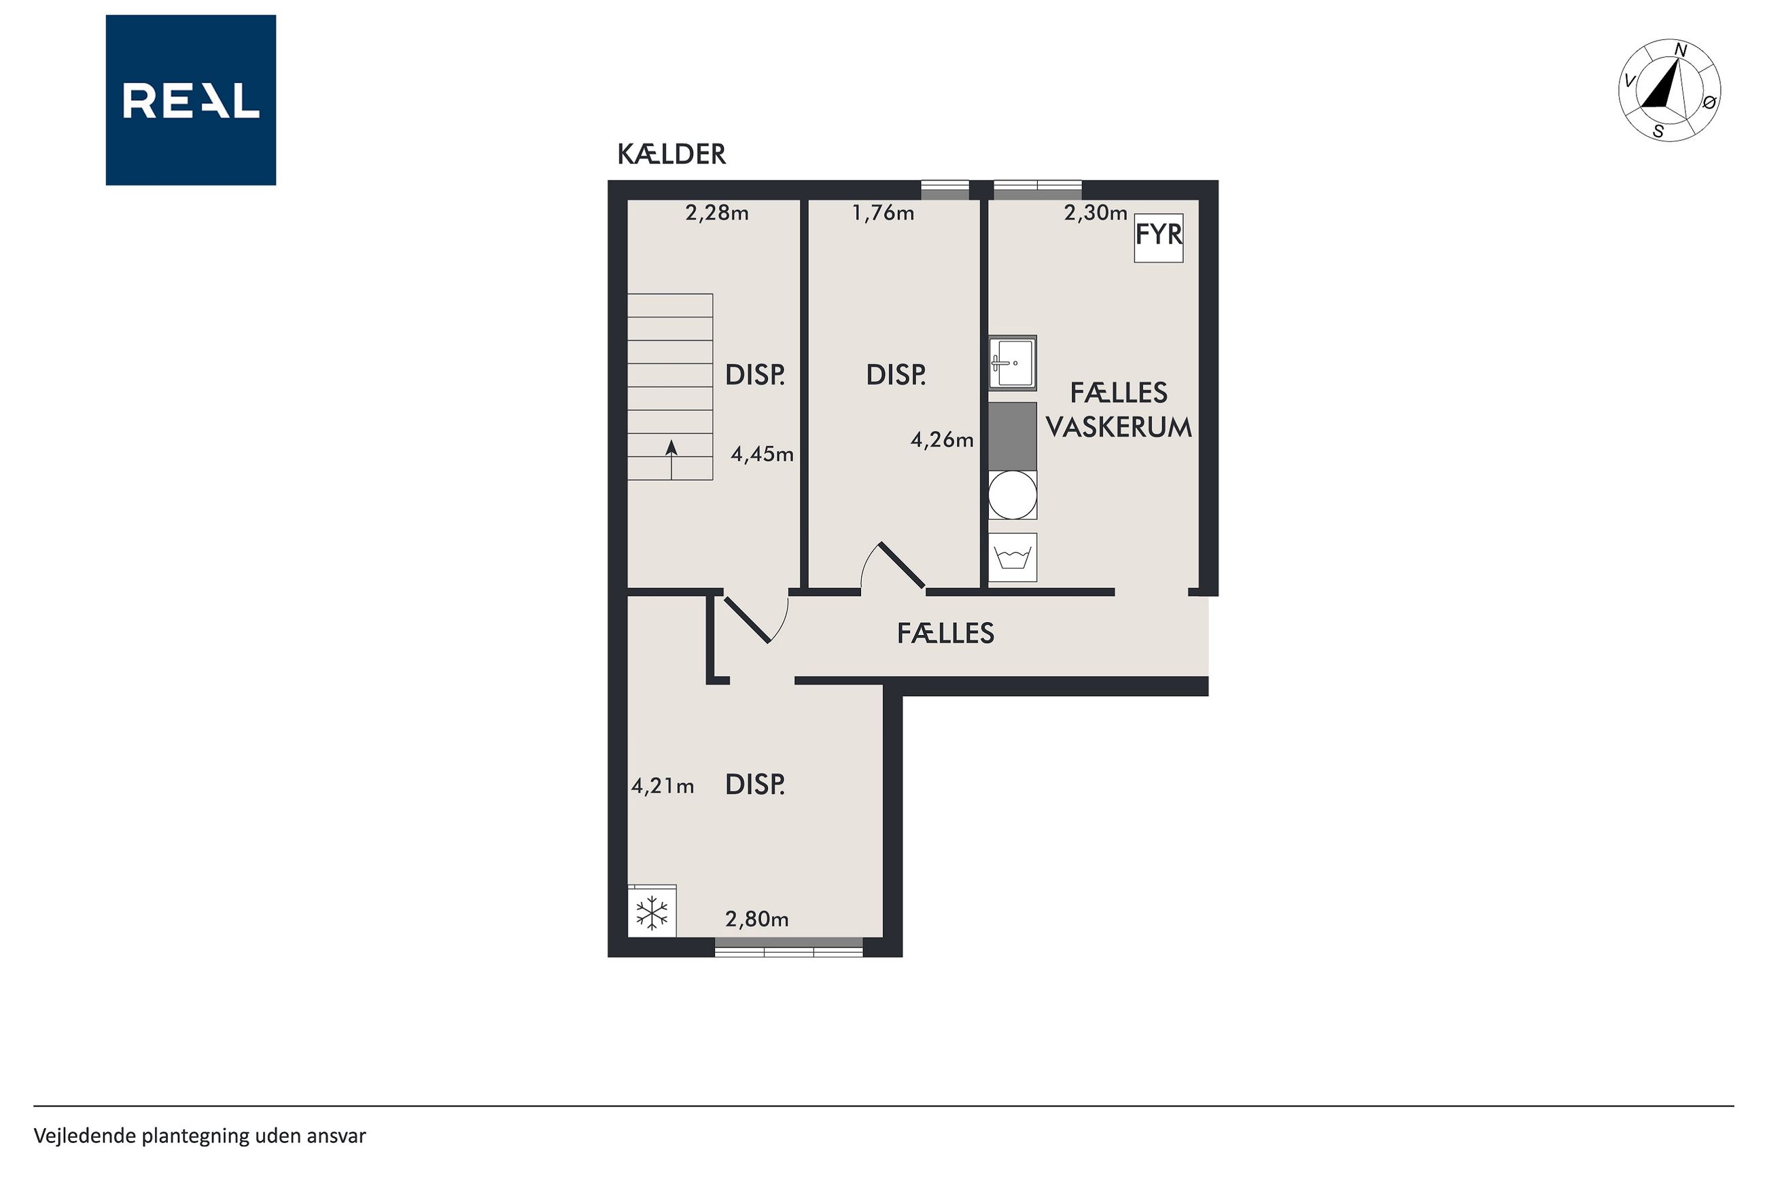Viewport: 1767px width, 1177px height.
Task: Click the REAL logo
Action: (191, 100)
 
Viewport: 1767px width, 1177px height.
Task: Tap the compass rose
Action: (1668, 90)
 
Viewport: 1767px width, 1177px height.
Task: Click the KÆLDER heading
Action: (671, 154)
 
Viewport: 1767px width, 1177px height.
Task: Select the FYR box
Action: (1158, 237)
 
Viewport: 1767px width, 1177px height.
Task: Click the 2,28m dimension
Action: (717, 213)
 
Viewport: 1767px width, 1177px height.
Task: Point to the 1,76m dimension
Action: (883, 213)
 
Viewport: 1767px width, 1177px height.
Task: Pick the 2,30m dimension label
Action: (1096, 213)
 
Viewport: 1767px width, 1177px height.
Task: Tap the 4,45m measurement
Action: (763, 454)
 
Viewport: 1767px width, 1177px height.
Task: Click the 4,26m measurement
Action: (942, 440)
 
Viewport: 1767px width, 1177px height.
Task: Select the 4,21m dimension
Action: (663, 786)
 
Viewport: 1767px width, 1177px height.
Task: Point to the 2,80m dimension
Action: (757, 919)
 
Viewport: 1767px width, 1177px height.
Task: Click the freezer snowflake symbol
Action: (652, 913)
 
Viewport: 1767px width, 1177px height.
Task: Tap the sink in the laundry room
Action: (1013, 363)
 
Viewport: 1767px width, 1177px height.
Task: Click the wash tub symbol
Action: (1013, 558)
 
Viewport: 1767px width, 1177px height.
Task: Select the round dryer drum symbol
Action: (1013, 494)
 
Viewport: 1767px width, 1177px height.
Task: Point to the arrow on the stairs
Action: (671, 459)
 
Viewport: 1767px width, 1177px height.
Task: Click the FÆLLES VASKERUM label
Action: (1119, 410)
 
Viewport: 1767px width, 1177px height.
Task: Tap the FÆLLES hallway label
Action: (945, 634)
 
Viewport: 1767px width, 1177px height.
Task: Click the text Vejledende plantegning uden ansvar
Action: (200, 1136)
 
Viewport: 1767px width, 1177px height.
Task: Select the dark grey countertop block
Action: (1013, 436)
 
